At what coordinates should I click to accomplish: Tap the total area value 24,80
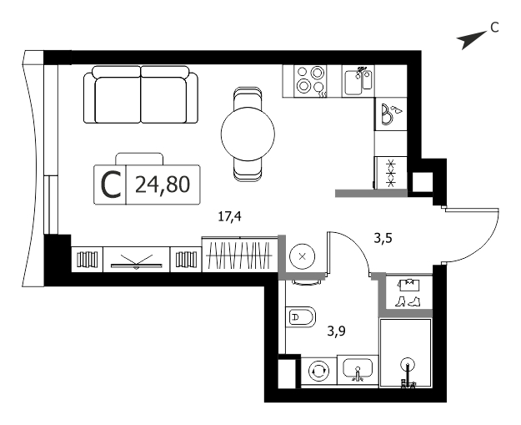[163, 185]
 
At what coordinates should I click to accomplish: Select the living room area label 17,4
[229, 217]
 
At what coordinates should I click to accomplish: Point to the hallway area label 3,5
[383, 238]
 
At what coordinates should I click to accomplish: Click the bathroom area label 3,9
[336, 331]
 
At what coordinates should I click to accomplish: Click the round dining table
[248, 134]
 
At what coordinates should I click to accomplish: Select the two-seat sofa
[141, 94]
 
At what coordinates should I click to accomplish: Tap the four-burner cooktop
[310, 81]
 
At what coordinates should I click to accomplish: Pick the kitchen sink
[358, 81]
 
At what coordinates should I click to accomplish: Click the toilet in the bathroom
[301, 316]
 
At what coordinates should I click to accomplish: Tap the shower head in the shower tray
[408, 364]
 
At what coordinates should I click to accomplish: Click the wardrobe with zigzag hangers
[240, 255]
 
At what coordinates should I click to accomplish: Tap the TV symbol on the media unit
[137, 262]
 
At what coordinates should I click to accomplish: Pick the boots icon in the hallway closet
[408, 301]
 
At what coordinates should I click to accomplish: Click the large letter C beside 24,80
[111, 185]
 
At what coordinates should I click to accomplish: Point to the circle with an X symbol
[303, 256]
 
